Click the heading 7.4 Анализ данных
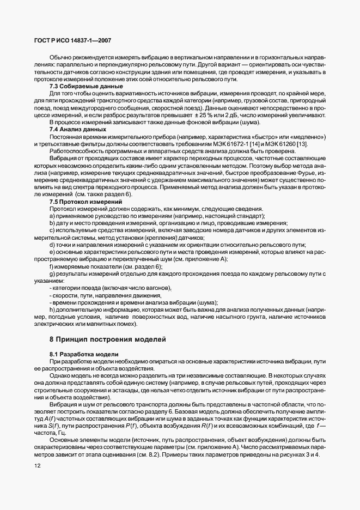point(70,130)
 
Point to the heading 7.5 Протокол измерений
point(78,202)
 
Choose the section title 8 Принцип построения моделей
point(111,339)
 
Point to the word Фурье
point(309,172)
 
